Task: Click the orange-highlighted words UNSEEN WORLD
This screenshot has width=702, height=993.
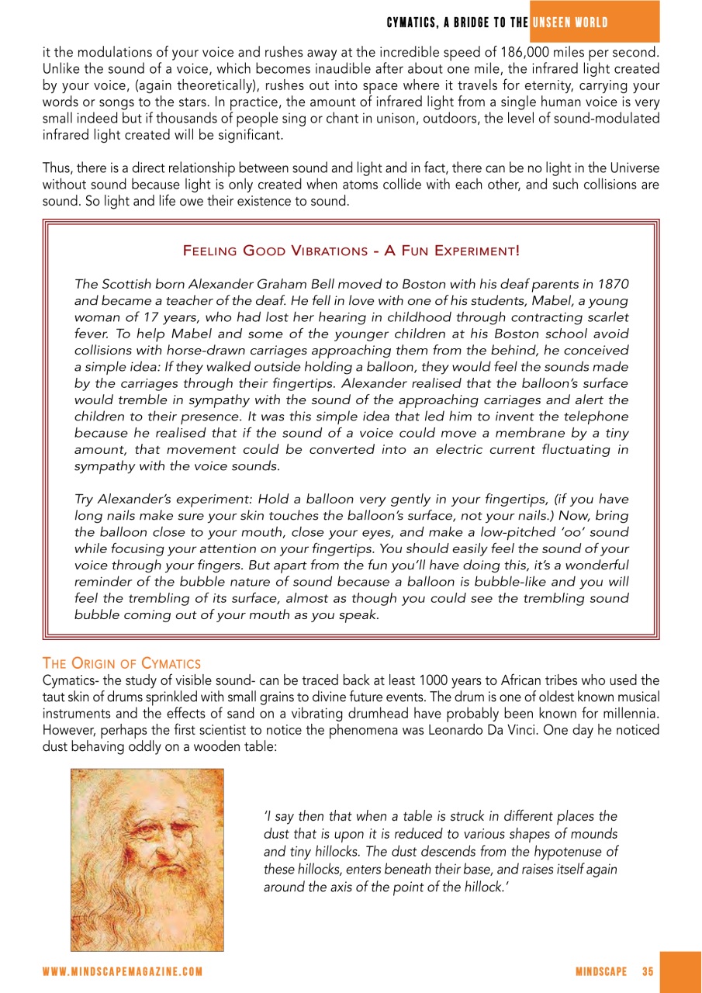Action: pyautogui.click(x=569, y=22)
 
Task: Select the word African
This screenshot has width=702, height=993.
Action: pyautogui.click(x=488, y=680)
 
